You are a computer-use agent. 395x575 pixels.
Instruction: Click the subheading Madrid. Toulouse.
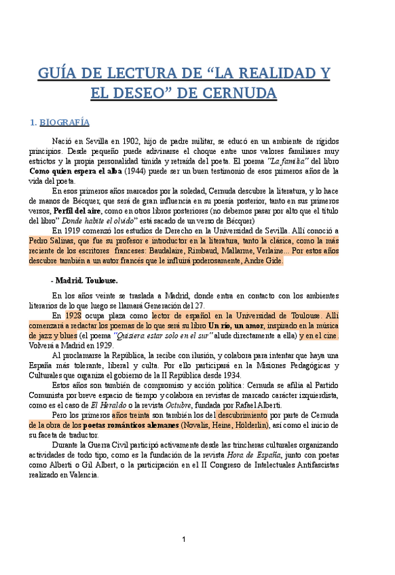tap(86, 280)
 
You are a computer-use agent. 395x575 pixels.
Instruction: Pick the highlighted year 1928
tap(74, 315)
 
